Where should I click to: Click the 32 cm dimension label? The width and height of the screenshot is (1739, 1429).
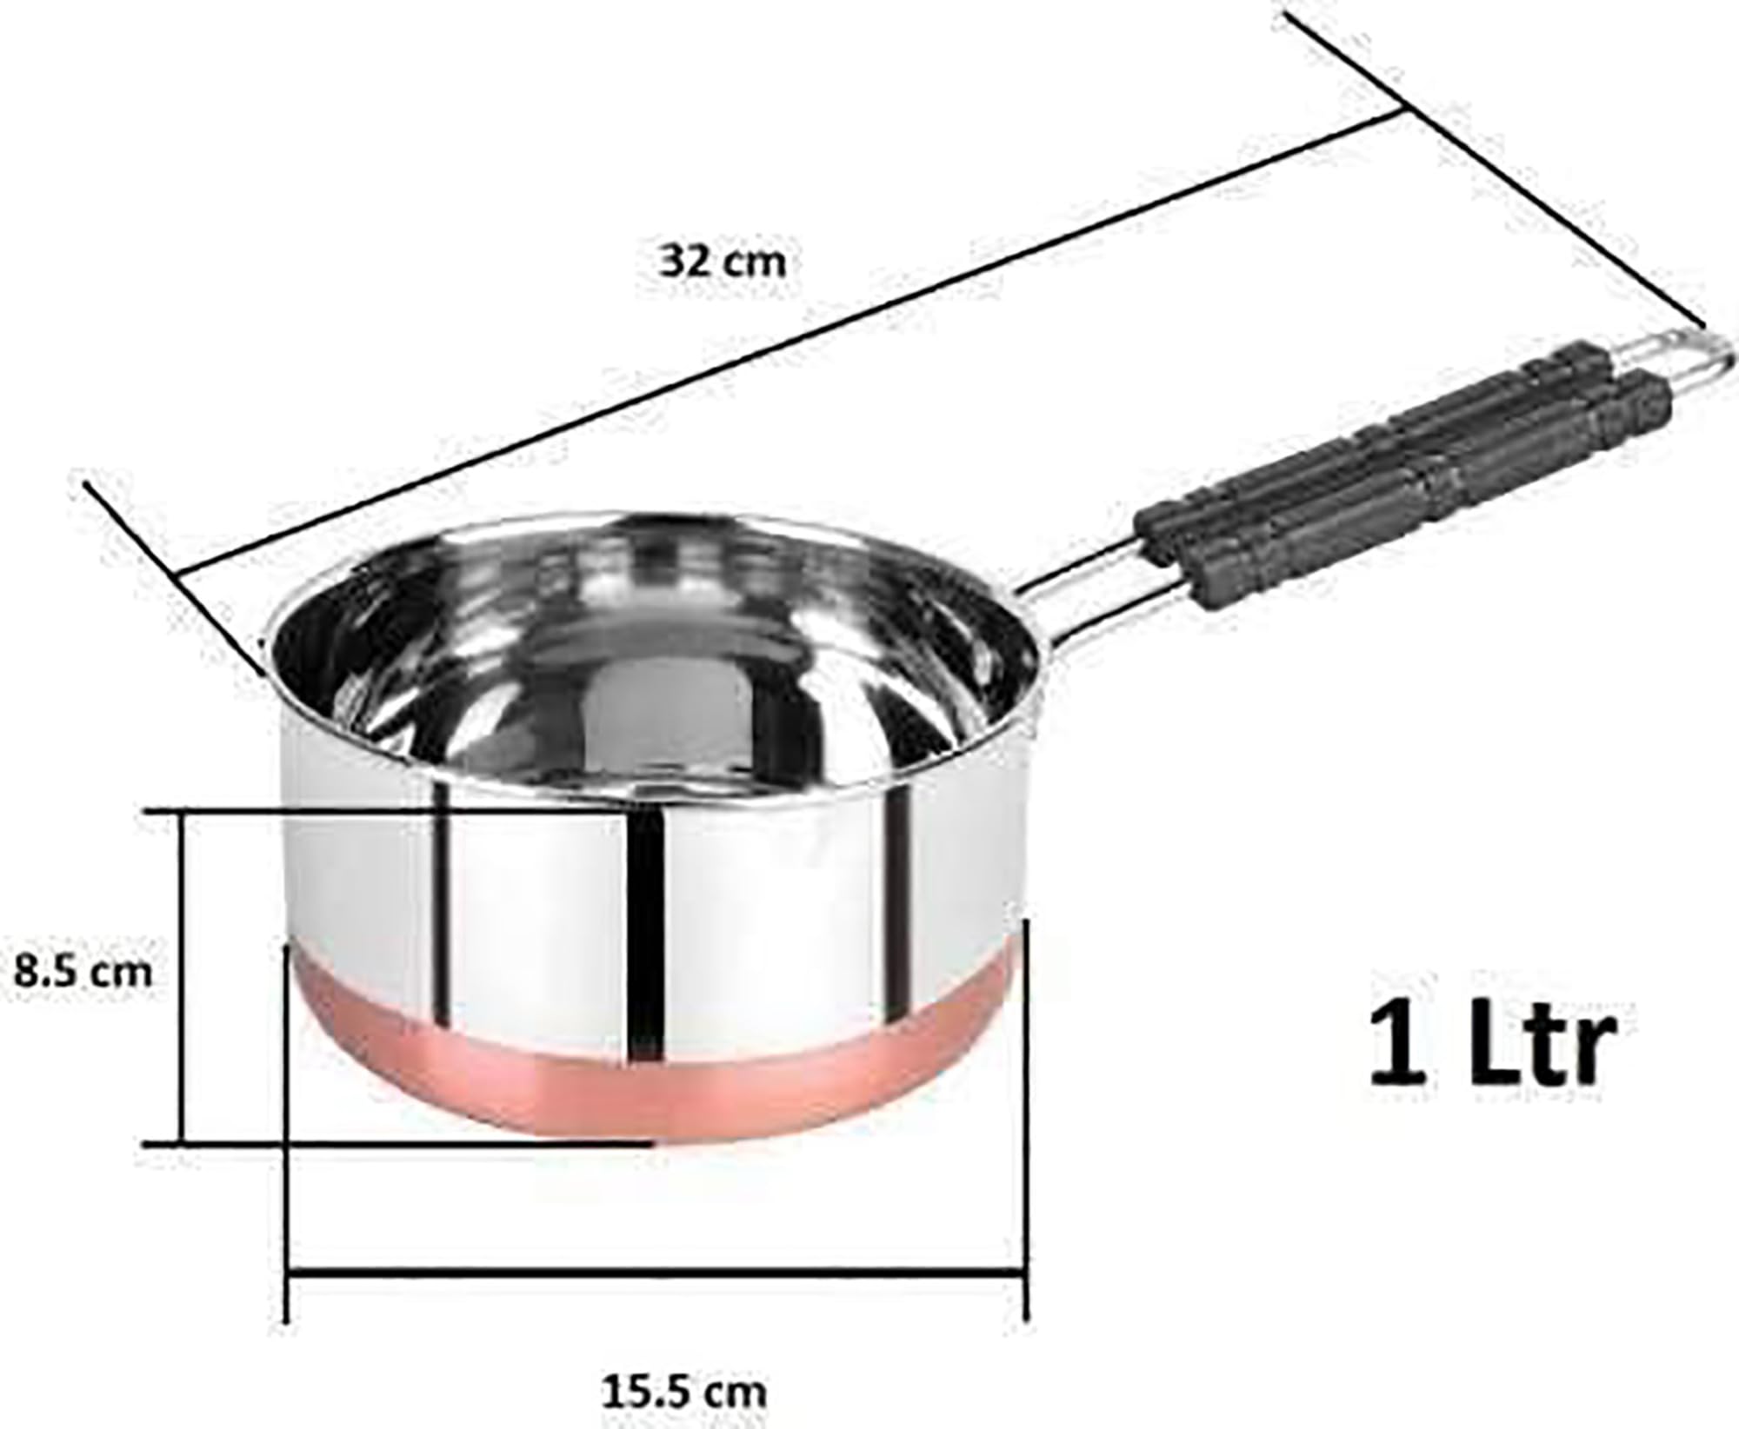pos(723,262)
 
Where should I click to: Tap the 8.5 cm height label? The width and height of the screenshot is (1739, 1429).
pos(83,971)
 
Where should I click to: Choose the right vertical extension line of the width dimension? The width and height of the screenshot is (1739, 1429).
pos(1027,1130)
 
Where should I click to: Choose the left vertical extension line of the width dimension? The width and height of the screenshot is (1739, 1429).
pos(288,1130)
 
